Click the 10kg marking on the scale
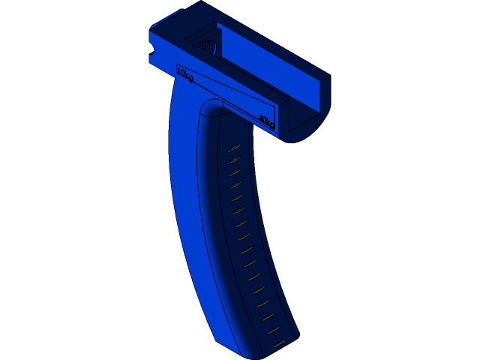click(x=184, y=74)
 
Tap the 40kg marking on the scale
click(x=266, y=119)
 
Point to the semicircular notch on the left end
click(x=151, y=49)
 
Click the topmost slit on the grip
click(x=234, y=147)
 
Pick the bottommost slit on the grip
click(x=278, y=343)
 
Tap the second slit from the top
click(x=233, y=159)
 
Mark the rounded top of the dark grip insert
click(x=213, y=109)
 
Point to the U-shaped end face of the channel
click(x=304, y=120)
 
